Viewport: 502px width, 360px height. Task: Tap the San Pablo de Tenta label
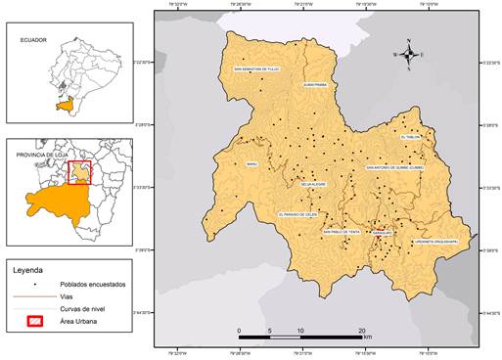click(342, 232)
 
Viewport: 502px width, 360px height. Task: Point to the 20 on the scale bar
click(362, 332)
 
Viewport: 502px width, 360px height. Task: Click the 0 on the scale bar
click(240, 332)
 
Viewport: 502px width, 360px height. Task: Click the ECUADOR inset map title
click(35, 41)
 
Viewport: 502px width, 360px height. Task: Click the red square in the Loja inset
click(78, 173)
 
